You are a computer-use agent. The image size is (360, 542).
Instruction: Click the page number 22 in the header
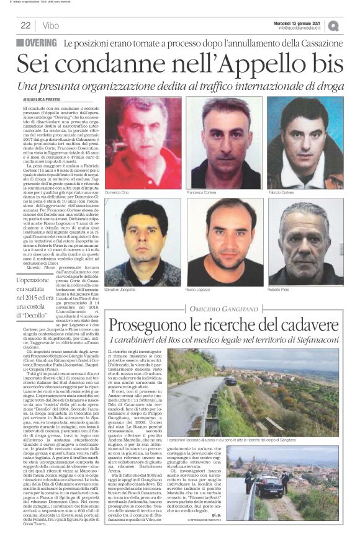(x=25, y=25)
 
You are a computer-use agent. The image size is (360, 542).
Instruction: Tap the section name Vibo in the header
(x=52, y=25)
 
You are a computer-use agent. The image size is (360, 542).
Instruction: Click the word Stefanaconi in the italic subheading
(x=313, y=340)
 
